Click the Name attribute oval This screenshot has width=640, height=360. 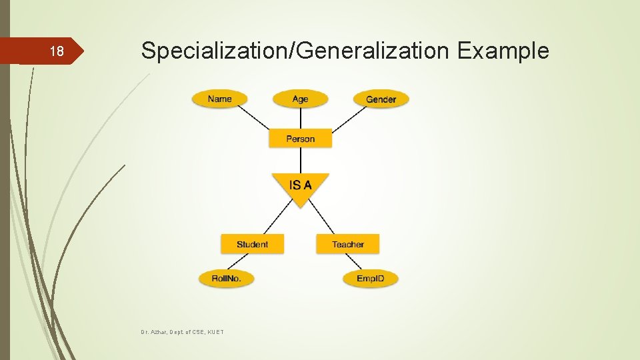[x=219, y=99]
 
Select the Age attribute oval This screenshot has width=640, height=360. [x=300, y=99]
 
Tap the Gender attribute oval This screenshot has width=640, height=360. [x=381, y=99]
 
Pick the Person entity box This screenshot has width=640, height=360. [x=300, y=139]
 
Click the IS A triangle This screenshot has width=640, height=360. [x=300, y=185]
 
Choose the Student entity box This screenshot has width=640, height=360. [x=252, y=244]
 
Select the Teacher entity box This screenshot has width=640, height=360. [x=347, y=244]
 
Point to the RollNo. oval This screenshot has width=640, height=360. [x=226, y=278]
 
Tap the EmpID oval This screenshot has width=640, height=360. [x=370, y=278]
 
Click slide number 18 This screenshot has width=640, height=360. [x=57, y=52]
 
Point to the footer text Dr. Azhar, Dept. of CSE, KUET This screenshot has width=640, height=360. [x=182, y=331]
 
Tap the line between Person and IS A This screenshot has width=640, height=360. [x=300, y=160]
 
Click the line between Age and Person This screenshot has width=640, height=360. [x=300, y=118]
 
